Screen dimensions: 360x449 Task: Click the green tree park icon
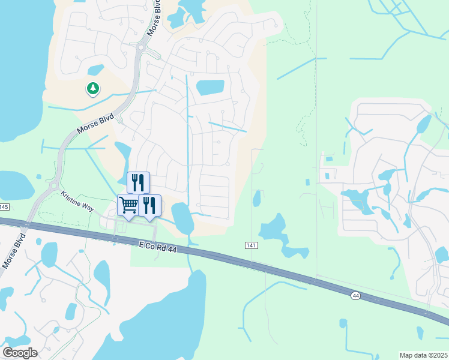[92, 89]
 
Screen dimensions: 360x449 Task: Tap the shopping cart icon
[128, 205]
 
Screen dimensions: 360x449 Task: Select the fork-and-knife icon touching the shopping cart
[149, 205]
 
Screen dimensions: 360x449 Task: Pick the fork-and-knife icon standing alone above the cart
[138, 182]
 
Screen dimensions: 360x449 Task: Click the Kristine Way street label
[77, 200]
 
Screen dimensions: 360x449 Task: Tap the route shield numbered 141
[252, 246]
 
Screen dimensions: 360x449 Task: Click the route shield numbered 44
[356, 295]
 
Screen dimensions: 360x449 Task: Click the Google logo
[20, 353]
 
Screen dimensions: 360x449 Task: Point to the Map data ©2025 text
[423, 355]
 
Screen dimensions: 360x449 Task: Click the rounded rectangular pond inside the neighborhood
[210, 88]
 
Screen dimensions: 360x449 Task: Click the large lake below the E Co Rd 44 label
[174, 312]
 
